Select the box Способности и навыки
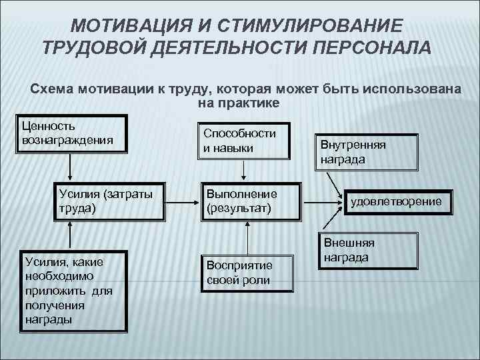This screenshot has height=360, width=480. click(x=245, y=140)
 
